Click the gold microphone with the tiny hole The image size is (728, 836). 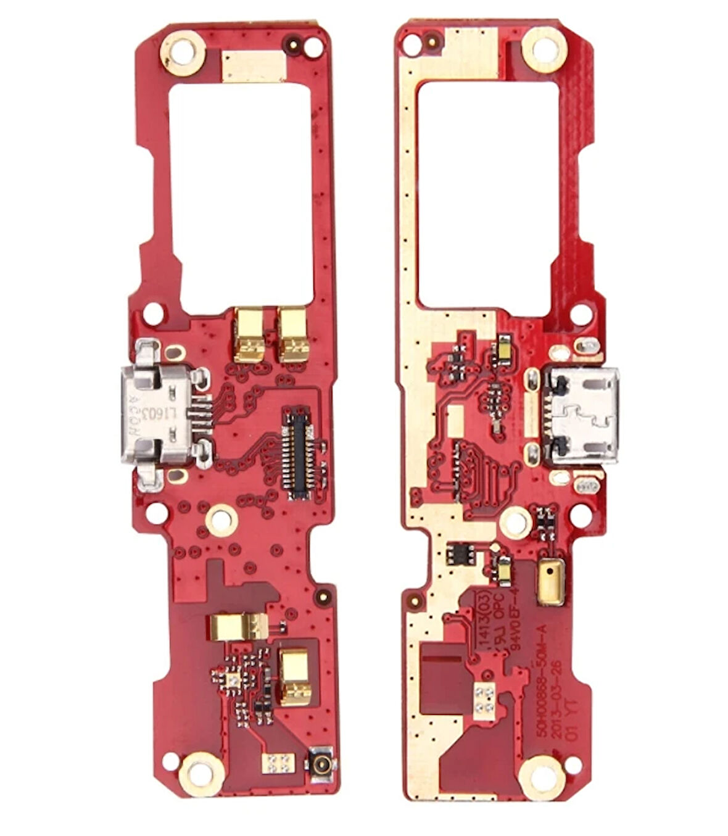[x=550, y=582]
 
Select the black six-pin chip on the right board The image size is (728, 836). [x=461, y=553]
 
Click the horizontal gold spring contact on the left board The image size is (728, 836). [x=238, y=627]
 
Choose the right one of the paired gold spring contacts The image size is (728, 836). [x=292, y=335]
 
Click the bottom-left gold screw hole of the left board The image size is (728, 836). [x=201, y=772]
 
